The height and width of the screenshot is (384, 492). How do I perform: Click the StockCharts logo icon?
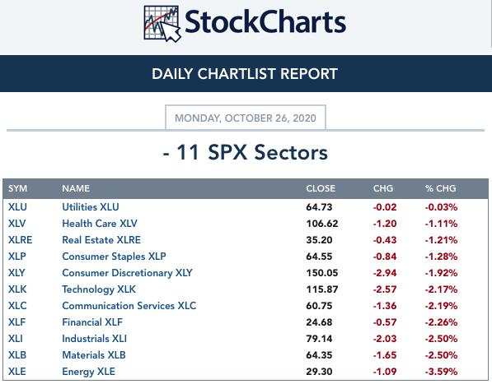pyautogui.click(x=162, y=24)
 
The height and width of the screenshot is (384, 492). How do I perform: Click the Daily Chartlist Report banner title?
pyautogui.click(x=245, y=74)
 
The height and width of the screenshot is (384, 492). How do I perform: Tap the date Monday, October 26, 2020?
pyautogui.click(x=246, y=118)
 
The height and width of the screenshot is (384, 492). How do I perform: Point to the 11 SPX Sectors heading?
pyautogui.click(x=246, y=152)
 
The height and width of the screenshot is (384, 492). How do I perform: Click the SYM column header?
pyautogui.click(x=17, y=188)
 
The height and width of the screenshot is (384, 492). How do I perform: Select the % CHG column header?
pyautogui.click(x=441, y=188)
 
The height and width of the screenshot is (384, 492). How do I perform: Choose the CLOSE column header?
pyautogui.click(x=321, y=188)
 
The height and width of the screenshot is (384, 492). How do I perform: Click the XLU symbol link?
pyautogui.click(x=17, y=207)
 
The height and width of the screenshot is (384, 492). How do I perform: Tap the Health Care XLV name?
pyautogui.click(x=100, y=224)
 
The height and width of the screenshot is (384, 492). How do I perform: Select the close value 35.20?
pyautogui.click(x=319, y=240)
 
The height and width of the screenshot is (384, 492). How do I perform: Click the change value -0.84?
pyautogui.click(x=385, y=257)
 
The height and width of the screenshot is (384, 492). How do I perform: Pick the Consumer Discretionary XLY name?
pyautogui.click(x=128, y=273)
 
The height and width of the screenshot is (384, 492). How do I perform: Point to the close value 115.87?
pyautogui.click(x=322, y=289)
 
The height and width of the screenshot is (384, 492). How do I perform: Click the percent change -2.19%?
pyautogui.click(x=441, y=306)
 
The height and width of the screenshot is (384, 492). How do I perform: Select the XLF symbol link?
pyautogui.click(x=17, y=322)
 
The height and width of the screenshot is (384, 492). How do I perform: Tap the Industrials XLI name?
pyautogui.click(x=95, y=339)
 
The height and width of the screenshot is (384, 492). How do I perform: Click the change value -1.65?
pyautogui.click(x=385, y=355)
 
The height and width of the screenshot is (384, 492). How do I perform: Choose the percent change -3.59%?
pyautogui.click(x=441, y=372)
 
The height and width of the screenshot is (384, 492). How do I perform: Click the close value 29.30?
pyautogui.click(x=319, y=372)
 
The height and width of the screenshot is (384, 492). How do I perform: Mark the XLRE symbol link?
pyautogui.click(x=20, y=240)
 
